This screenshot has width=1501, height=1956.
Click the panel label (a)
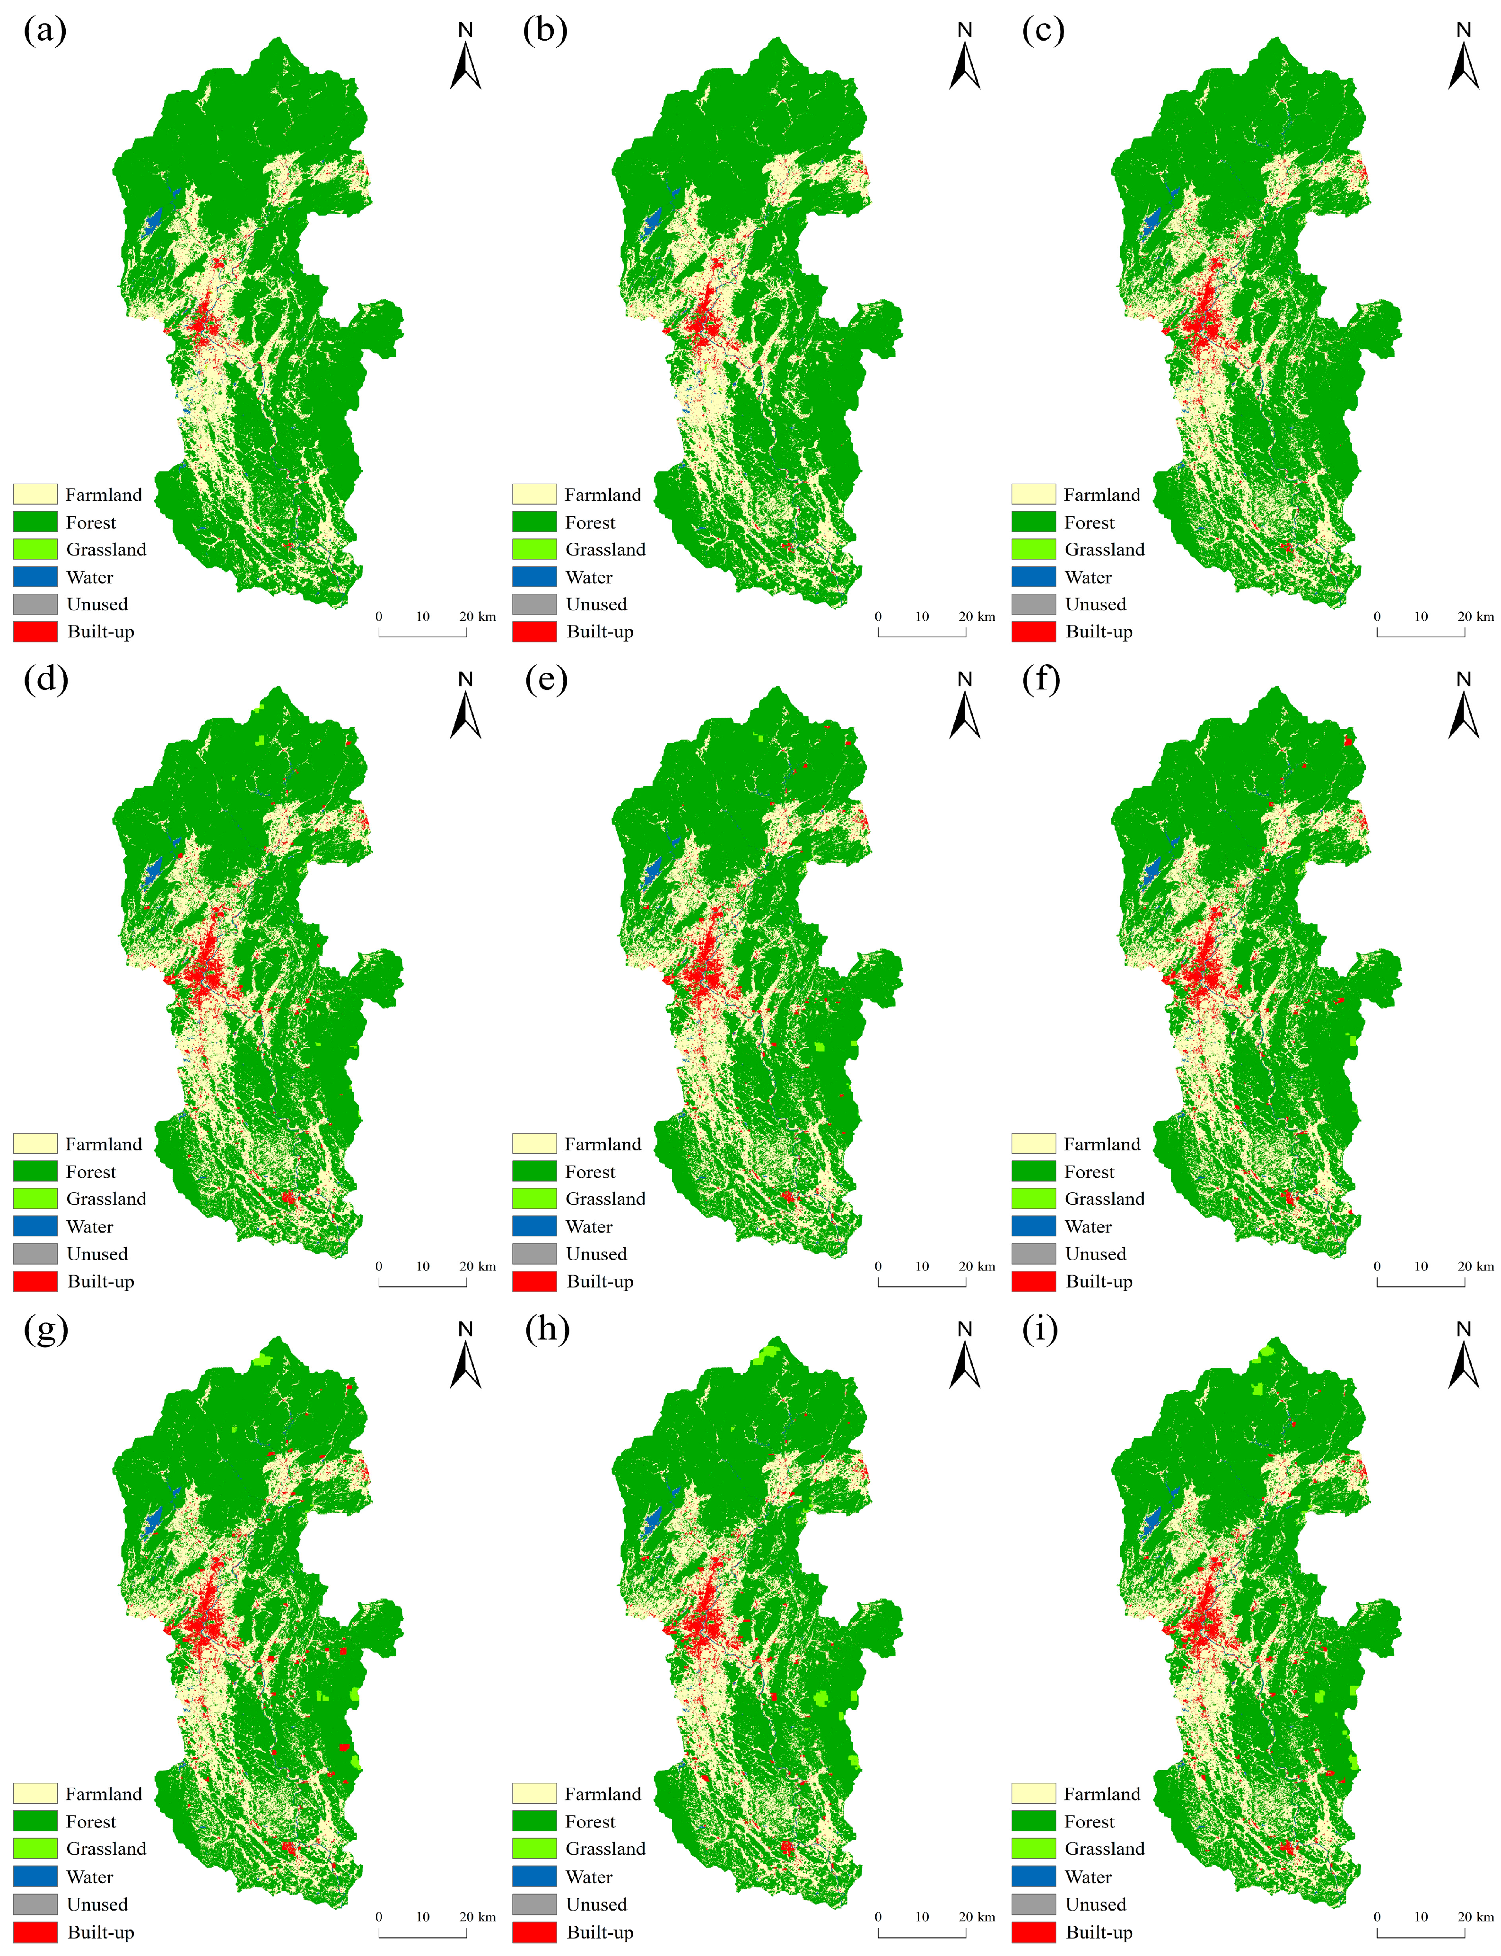[44, 30]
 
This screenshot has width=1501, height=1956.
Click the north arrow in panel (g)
[465, 1357]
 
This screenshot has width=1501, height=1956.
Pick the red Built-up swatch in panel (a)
[35, 632]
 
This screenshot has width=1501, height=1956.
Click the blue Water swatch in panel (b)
[534, 577]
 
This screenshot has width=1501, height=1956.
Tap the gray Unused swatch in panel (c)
[1034, 605]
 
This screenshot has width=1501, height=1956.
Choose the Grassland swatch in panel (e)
[534, 1199]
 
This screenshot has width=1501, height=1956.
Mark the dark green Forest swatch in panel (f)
[1034, 1171]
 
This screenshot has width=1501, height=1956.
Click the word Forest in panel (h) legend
[590, 1821]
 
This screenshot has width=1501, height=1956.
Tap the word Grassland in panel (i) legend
[1104, 1849]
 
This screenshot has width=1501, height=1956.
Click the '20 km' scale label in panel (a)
[477, 616]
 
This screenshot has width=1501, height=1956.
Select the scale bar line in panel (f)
[1421, 1285]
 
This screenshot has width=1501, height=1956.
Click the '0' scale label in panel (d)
[379, 1266]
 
